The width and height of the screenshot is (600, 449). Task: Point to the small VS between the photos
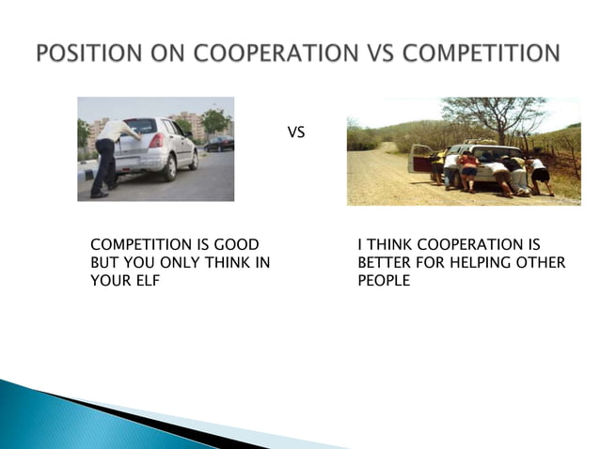click(295, 133)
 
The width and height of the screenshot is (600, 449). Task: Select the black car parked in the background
click(218, 143)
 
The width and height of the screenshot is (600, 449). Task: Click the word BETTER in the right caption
click(381, 263)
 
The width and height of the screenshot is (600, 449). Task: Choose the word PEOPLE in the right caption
click(384, 280)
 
